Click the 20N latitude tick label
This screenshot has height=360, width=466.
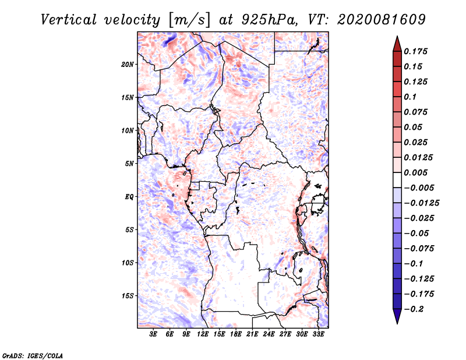[x=127, y=65]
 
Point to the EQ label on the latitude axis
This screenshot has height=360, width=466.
[x=129, y=197]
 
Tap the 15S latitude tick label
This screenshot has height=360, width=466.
[x=128, y=296]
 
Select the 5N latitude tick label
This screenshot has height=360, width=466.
[x=129, y=164]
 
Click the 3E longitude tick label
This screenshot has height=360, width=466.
[x=153, y=334]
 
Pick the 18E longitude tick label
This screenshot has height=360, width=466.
[x=236, y=334]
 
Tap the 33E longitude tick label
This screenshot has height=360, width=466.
[x=318, y=334]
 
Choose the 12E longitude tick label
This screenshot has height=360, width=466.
[x=203, y=334]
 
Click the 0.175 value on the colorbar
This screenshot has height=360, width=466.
[x=415, y=51]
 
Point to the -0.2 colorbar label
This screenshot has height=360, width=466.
[x=414, y=309]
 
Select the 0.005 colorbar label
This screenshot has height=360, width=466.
[x=415, y=172]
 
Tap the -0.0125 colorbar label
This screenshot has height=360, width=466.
[x=421, y=203]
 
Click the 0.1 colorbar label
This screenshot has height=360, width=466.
[x=410, y=97]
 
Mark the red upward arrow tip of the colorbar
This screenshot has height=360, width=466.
[x=397, y=36]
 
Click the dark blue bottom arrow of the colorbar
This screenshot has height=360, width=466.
[x=397, y=316]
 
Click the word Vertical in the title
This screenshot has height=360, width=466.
[x=69, y=20]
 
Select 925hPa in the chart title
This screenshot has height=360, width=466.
[x=269, y=20]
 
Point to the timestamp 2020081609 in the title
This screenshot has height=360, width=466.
[x=382, y=20]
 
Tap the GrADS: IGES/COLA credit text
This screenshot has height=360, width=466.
[x=33, y=355]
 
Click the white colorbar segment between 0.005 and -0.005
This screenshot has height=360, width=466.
[x=397, y=180]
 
